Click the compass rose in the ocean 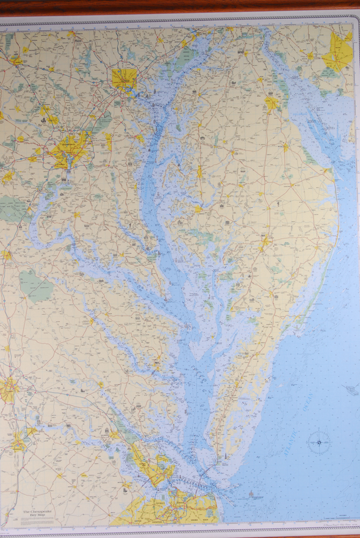pyautogui.click(x=319, y=442)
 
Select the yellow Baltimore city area pyautogui.click(x=124, y=79)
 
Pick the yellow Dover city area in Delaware pyautogui.click(x=272, y=103)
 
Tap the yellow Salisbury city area pyautogui.click(x=265, y=242)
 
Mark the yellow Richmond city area pyautogui.click(x=8, y=389)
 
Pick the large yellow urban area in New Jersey pyautogui.click(x=338, y=52)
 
